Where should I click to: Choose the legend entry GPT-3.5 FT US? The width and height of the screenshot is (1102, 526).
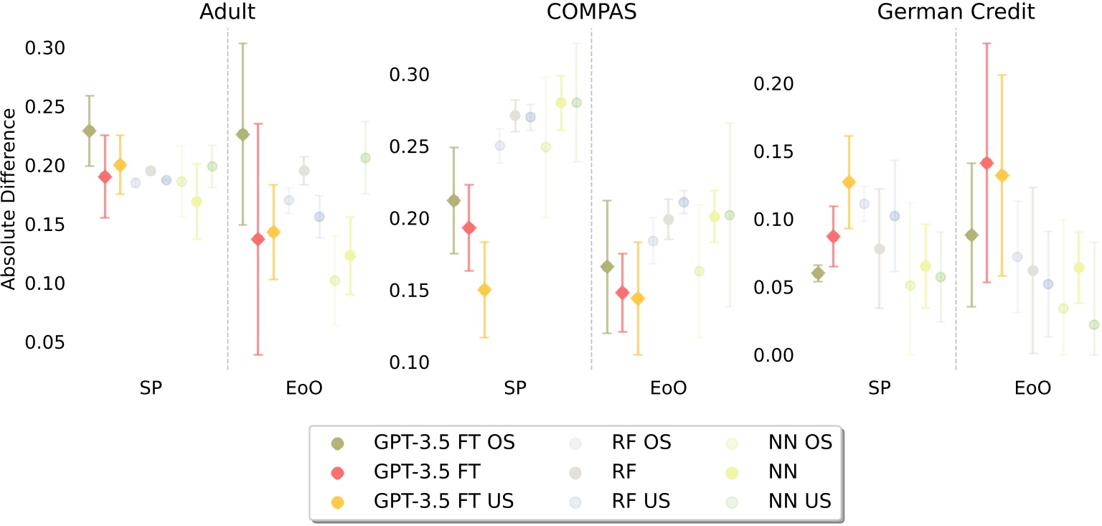point(443,501)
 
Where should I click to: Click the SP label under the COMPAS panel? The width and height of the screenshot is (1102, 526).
point(514,388)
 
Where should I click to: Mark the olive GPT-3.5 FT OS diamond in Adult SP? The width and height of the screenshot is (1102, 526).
point(89,131)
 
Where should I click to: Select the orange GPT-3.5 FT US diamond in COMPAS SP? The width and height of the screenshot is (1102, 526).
point(484,290)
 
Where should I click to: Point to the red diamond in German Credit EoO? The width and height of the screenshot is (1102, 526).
point(986,163)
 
